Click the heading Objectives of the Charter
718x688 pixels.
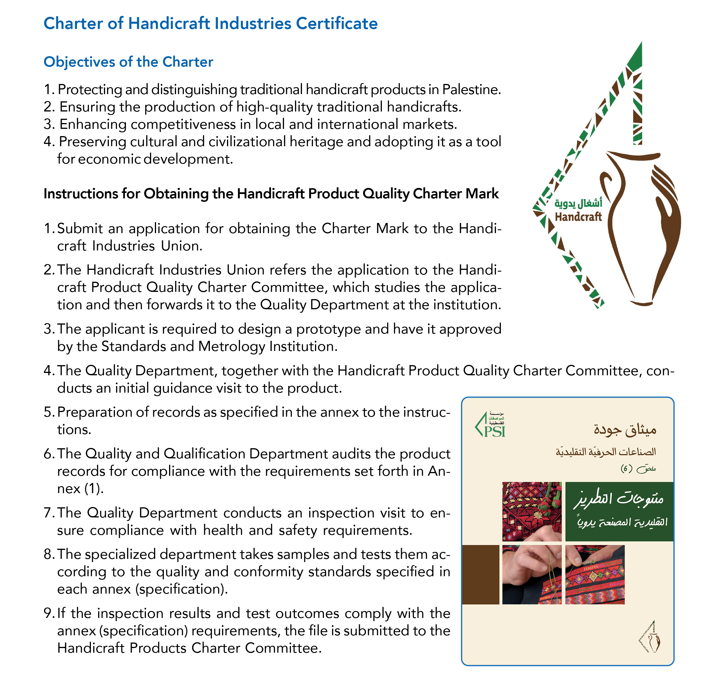pos(128,62)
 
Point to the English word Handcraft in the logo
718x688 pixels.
pos(578,217)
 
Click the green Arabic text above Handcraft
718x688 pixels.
pos(578,203)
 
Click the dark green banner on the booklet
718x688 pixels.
pos(619,511)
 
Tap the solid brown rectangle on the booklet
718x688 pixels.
pos(480,574)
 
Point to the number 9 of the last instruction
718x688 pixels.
pos(48,613)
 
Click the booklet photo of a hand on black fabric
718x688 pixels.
pos(532,574)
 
